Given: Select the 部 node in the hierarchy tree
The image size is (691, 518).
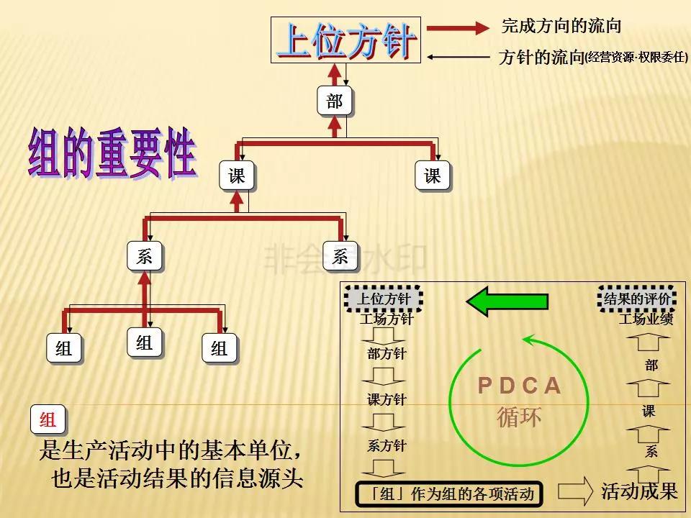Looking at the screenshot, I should [335, 101].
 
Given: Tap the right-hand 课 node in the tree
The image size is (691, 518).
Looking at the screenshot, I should [433, 176].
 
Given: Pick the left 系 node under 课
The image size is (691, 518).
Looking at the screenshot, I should [145, 256].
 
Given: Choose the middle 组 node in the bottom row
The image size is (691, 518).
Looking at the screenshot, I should [145, 343].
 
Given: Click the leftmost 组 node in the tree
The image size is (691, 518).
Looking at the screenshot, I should [64, 349].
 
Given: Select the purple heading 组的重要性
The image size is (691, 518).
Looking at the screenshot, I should [112, 153].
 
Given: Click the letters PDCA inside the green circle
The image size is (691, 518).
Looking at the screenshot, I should [519, 386].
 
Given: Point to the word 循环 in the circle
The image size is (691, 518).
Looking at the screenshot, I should [519, 417].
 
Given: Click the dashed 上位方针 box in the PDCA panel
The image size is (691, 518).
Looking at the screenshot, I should [385, 298].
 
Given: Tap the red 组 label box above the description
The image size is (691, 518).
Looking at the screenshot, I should [48, 420].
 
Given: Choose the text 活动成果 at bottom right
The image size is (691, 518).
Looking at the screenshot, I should [640, 491].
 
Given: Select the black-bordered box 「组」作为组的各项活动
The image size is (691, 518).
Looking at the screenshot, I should [448, 494].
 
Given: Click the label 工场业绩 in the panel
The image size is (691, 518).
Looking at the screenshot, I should [646, 319].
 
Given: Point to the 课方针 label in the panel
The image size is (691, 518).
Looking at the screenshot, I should [387, 400].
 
